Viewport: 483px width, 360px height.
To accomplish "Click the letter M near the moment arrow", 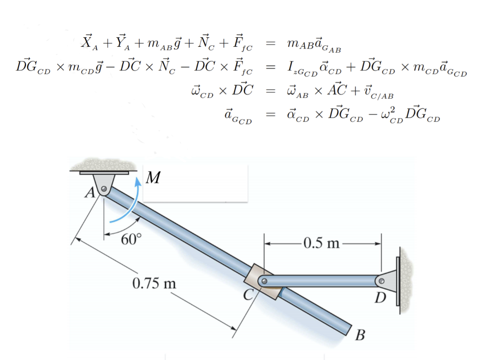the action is point(152,178).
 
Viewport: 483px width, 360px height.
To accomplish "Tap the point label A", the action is point(88,193).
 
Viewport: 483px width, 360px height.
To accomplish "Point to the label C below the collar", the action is point(249,295).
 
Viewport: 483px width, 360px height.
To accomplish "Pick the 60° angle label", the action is point(131,239).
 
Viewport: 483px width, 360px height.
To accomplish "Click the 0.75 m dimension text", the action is point(154,284).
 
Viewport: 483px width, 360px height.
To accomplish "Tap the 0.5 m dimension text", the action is point(322,243).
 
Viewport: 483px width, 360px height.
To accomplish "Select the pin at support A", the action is point(104,190).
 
